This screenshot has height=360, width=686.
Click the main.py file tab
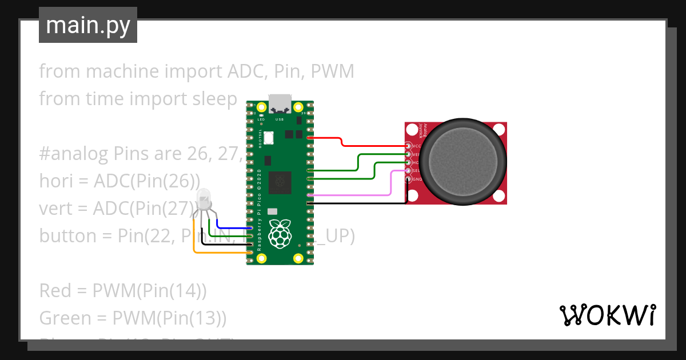(87, 25)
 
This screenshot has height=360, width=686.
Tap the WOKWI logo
(607, 315)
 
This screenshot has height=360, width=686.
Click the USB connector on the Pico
(280, 103)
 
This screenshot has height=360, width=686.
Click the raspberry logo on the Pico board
(280, 233)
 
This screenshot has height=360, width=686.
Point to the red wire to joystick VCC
(343, 142)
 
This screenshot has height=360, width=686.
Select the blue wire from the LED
(229, 227)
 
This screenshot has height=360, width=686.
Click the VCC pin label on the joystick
(416, 146)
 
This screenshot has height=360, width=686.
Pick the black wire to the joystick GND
(354, 203)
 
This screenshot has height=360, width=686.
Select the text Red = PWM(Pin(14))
(123, 290)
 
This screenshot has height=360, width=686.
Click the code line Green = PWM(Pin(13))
(133, 318)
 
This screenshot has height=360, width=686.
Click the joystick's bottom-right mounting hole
(498, 196)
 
